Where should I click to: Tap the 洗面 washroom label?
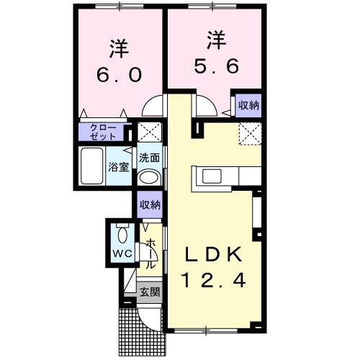click(x=149, y=158)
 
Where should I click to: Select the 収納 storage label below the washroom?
click(x=150, y=205)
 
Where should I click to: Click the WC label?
click(x=120, y=254)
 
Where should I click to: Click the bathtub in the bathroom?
click(x=91, y=166)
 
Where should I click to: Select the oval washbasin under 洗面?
click(x=149, y=177)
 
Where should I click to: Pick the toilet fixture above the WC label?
click(x=121, y=235)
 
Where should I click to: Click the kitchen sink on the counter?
click(x=213, y=177)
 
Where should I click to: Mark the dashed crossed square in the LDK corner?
click(x=249, y=133)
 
